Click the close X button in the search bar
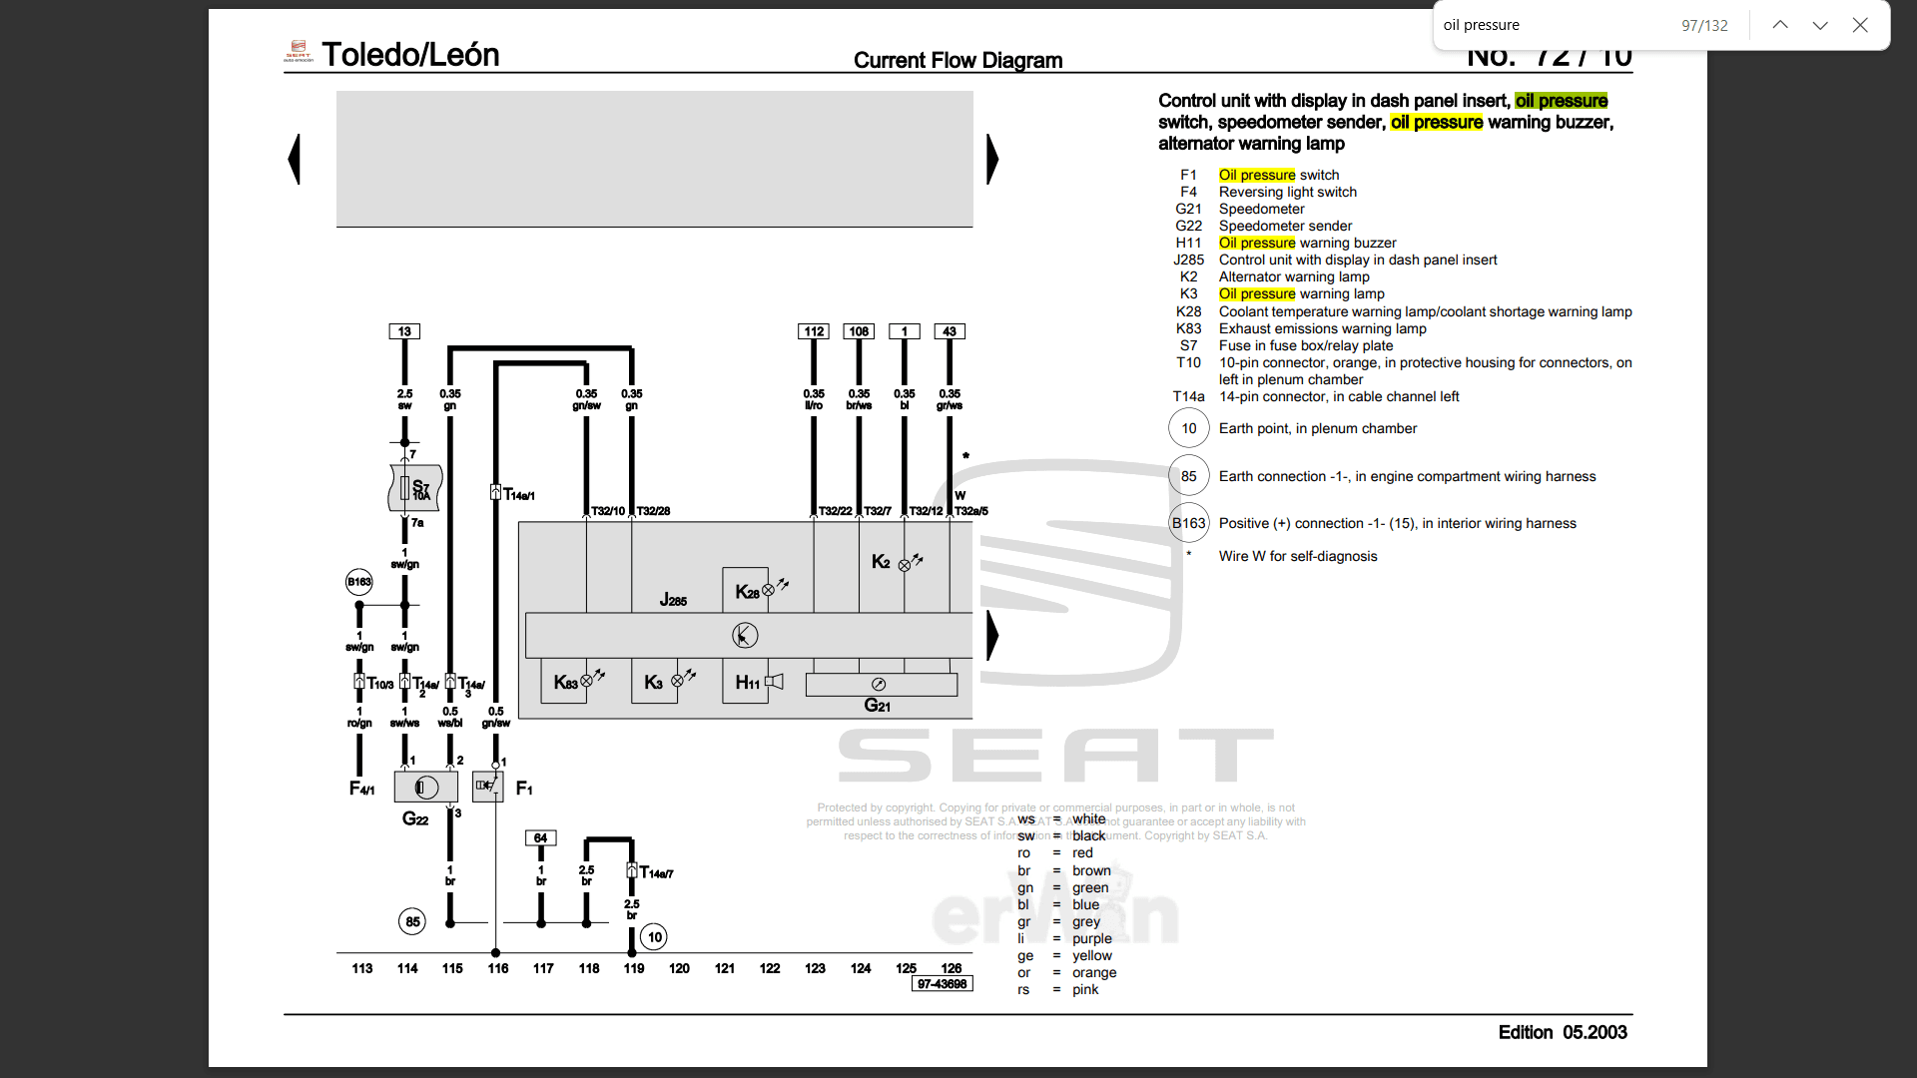click(x=1860, y=25)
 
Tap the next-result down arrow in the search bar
click(x=1820, y=25)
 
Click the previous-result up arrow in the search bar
click(x=1780, y=25)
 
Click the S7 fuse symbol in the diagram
click(x=414, y=488)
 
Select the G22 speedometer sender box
click(x=426, y=788)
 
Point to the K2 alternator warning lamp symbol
click(x=905, y=564)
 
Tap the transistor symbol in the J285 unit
click(x=745, y=635)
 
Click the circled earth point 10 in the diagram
click(x=654, y=936)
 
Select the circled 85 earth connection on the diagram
click(x=412, y=921)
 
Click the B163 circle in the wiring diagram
click(x=359, y=582)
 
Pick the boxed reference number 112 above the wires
click(x=814, y=331)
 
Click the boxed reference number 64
click(x=540, y=838)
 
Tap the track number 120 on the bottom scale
click(x=679, y=968)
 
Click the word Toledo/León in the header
click(x=410, y=55)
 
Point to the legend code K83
click(x=1188, y=328)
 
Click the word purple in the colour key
click(x=1091, y=938)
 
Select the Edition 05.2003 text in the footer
click(x=1562, y=1032)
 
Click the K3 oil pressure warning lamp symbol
click(x=678, y=681)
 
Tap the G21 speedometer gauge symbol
click(x=879, y=685)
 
